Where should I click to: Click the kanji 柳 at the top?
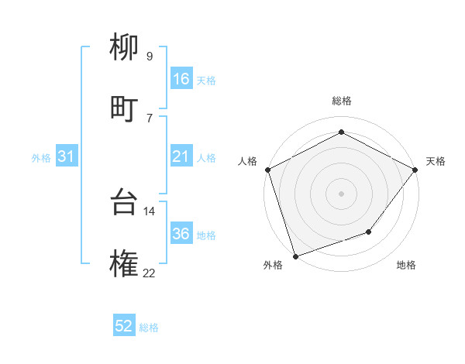click(x=125, y=49)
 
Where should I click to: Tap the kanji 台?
click(x=125, y=203)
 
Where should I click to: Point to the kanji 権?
click(x=125, y=264)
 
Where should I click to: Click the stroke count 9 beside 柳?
click(x=150, y=56)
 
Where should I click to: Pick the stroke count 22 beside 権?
click(x=149, y=272)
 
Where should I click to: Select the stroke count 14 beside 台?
click(x=150, y=211)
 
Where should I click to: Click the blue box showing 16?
click(x=181, y=79)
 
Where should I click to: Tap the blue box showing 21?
click(x=181, y=156)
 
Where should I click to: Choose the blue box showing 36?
click(x=181, y=234)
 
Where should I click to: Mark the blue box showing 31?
click(x=67, y=156)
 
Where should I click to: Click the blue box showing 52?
click(x=124, y=326)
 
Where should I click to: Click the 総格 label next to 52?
click(x=149, y=328)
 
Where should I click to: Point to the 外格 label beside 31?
click(x=41, y=157)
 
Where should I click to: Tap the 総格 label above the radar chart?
click(x=341, y=101)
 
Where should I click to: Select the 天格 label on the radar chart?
click(x=436, y=161)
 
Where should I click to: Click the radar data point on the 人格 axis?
click(x=267, y=169)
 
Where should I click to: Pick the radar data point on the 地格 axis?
click(x=370, y=232)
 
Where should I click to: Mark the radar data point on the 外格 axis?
click(x=295, y=256)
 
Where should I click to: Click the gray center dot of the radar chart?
click(x=341, y=193)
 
